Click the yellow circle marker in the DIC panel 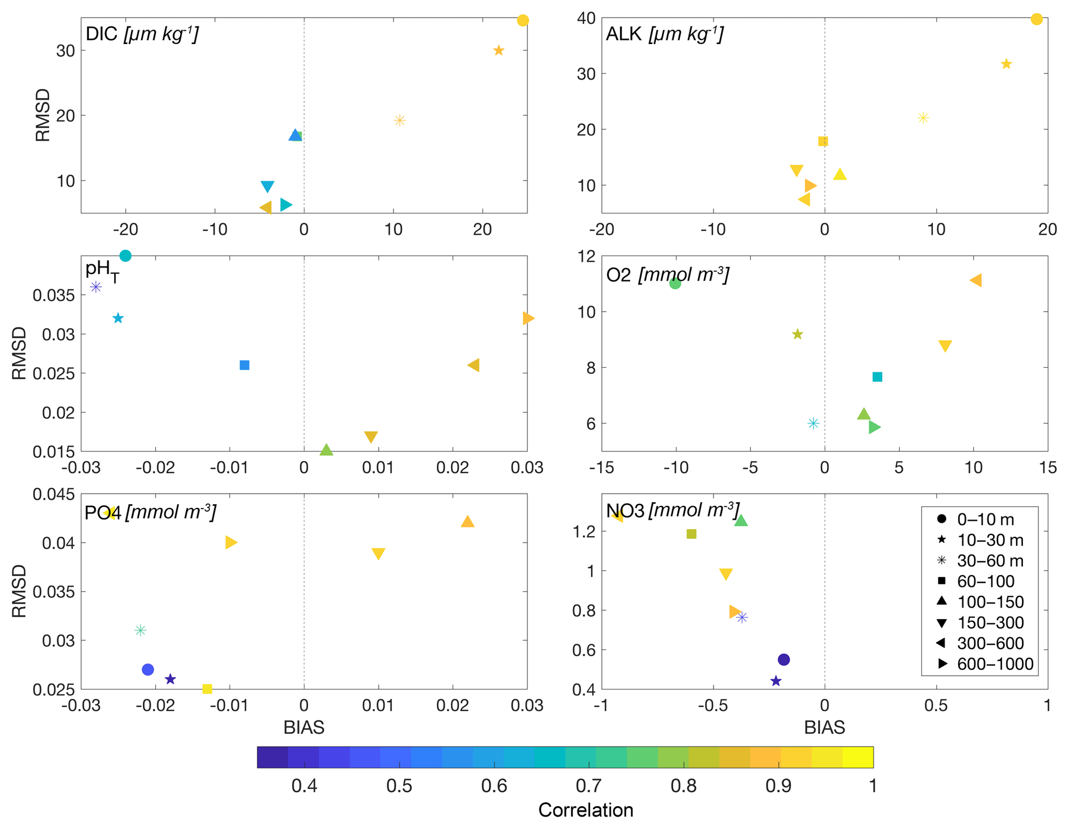522,21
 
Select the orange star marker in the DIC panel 498,51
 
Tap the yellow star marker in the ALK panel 1006,64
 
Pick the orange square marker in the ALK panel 823,141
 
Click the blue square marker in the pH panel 245,365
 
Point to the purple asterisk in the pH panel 96,287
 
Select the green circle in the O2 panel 675,283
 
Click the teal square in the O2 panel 877,377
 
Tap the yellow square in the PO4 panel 207,689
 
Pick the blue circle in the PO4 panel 148,670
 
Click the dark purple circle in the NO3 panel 784,660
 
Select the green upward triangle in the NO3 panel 741,521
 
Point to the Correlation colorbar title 585,810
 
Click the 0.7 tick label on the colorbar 589,786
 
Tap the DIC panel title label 142,34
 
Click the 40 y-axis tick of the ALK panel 586,19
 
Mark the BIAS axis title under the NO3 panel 824,728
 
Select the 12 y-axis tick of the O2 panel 587,257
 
